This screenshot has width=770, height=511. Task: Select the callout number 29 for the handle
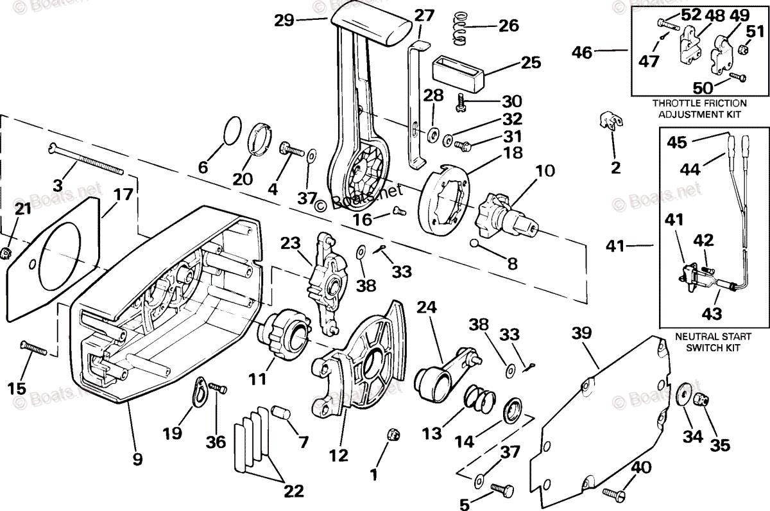pos(284,21)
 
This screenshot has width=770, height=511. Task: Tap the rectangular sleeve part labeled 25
pos(458,74)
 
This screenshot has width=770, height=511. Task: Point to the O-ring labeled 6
pos(232,130)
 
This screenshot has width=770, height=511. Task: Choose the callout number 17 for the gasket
pos(123,195)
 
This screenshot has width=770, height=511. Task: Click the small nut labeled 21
pos(5,254)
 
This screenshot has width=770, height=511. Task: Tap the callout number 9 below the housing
pos(137,459)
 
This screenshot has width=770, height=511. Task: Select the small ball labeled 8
pos(474,243)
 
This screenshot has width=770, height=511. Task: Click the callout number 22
pos(294,491)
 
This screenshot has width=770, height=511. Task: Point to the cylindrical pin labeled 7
pos(281,413)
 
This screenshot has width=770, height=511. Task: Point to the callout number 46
pos(582,53)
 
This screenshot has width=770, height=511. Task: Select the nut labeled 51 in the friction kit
pos(743,50)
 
